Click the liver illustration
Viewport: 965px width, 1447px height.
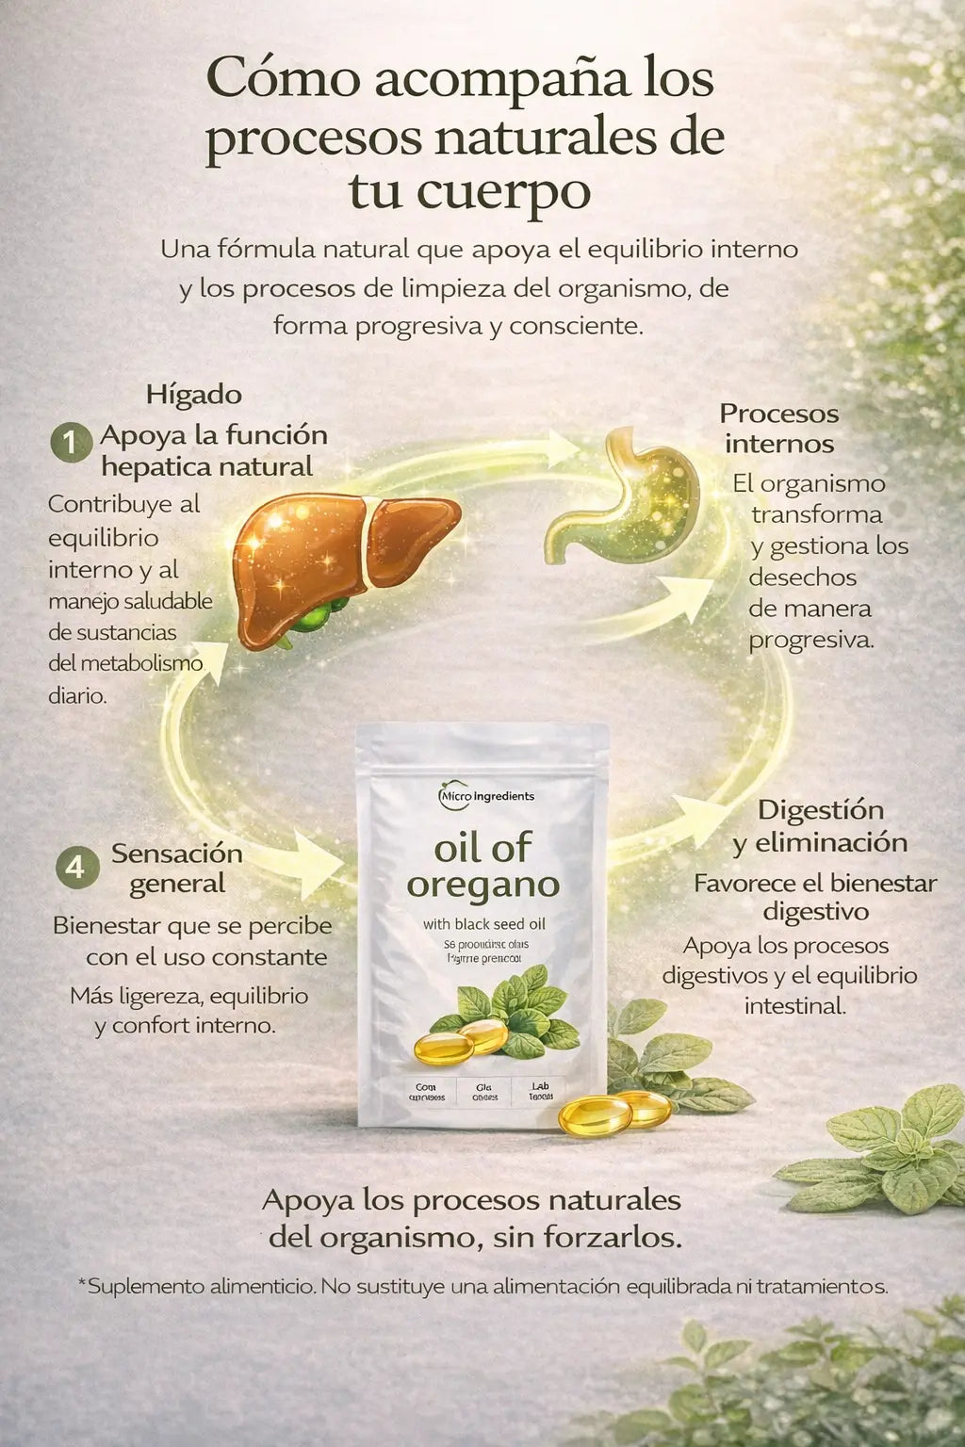pyautogui.click(x=344, y=565)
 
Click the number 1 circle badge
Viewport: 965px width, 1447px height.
pyautogui.click(x=72, y=443)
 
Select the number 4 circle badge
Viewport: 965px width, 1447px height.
pyautogui.click(x=75, y=867)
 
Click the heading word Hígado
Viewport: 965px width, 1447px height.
pyautogui.click(x=193, y=395)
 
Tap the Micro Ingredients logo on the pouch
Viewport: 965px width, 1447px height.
pyautogui.click(x=486, y=797)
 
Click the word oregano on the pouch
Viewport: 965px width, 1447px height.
pyautogui.click(x=482, y=886)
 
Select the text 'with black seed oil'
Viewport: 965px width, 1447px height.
pyautogui.click(x=483, y=924)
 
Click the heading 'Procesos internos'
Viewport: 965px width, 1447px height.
pyautogui.click(x=778, y=429)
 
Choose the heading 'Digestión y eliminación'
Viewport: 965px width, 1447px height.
pyautogui.click(x=820, y=826)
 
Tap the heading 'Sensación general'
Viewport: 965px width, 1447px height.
pyautogui.click(x=177, y=869)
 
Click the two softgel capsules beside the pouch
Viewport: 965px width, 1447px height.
pyautogui.click(x=614, y=1112)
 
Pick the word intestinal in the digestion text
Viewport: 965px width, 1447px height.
pyautogui.click(x=795, y=1006)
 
